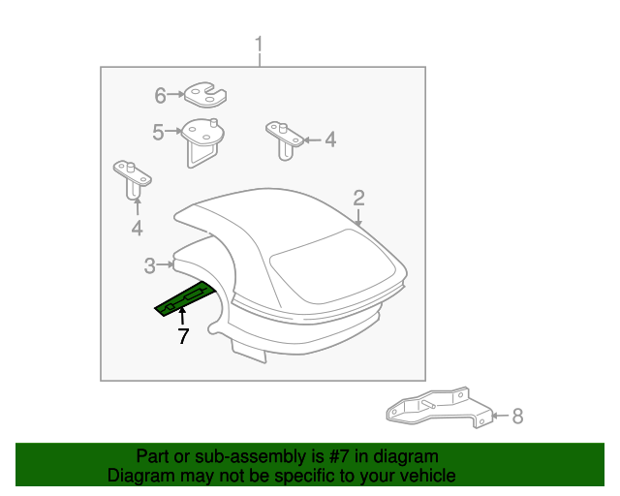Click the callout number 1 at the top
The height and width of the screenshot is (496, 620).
point(259,45)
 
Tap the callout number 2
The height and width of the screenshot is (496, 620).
point(358,198)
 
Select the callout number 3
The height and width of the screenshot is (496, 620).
point(150,265)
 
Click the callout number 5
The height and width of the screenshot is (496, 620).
point(158,132)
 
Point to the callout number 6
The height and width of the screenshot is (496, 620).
point(160,95)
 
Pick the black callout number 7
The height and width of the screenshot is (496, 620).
point(183,336)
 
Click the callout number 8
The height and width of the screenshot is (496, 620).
point(518,417)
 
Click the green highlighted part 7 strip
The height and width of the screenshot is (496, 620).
point(186,298)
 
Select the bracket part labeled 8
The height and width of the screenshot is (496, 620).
point(439,408)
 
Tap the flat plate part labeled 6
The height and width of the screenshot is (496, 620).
point(205,95)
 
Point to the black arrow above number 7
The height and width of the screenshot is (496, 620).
point(182,317)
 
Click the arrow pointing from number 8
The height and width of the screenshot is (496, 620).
point(501,416)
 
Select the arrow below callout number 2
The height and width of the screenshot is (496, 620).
point(358,218)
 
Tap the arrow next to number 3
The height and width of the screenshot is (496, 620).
point(166,264)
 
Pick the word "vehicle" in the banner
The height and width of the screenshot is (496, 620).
point(430,476)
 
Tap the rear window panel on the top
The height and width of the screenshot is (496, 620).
point(332,265)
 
